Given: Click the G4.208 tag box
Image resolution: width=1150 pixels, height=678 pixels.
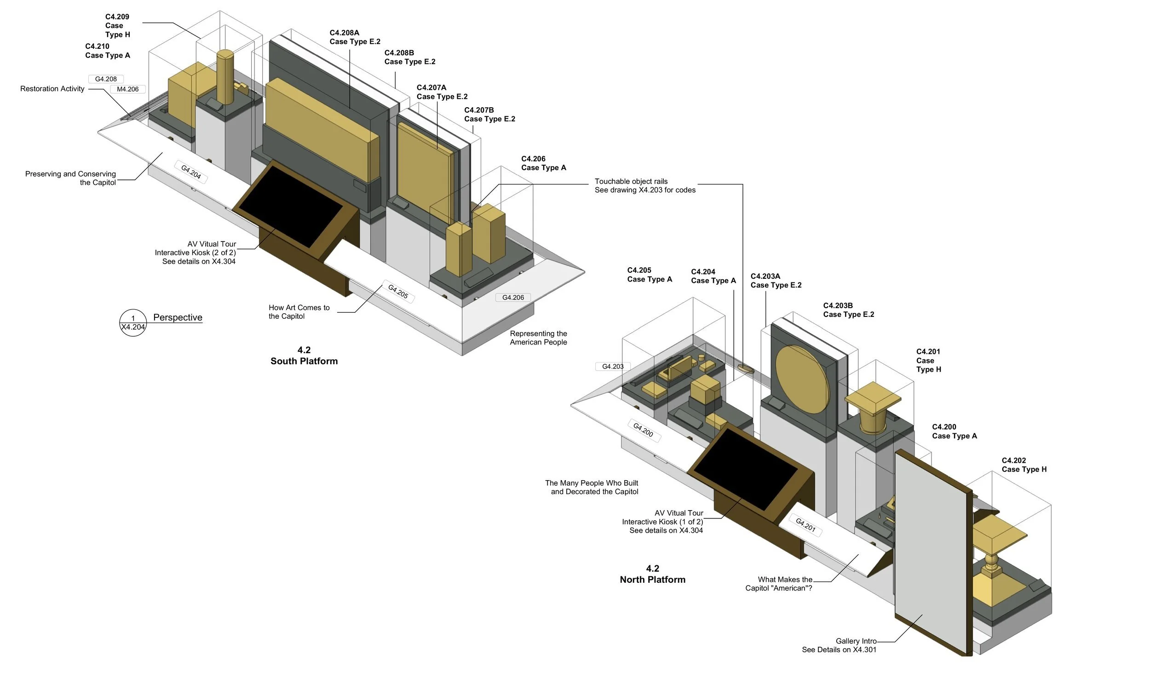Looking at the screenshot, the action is coord(106,79).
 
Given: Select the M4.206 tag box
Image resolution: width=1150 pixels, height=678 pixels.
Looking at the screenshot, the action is coord(127,89).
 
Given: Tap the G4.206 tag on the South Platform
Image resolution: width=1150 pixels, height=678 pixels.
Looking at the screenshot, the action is coord(513,298).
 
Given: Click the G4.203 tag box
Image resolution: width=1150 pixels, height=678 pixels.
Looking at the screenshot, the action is coord(613,367).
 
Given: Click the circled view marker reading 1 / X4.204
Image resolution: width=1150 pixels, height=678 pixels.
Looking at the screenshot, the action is coord(133,322).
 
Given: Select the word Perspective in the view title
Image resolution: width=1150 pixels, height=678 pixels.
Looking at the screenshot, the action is coord(178,317).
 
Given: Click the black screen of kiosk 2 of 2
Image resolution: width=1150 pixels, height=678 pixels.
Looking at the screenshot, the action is coord(291,207).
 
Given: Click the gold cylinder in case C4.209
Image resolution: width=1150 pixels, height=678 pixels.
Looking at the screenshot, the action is coord(225,77).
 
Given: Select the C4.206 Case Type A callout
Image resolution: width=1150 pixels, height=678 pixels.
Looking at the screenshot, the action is coord(543,163).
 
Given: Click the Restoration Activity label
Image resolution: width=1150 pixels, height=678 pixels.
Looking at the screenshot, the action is coord(52,89).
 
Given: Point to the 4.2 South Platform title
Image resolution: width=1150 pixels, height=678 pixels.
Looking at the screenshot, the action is coord(304,356).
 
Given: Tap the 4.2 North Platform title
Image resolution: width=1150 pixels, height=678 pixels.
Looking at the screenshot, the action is coord(652,574).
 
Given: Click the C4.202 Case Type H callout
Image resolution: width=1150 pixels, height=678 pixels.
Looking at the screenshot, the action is coord(1024,465).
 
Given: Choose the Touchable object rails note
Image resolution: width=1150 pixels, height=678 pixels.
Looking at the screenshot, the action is coord(644,186).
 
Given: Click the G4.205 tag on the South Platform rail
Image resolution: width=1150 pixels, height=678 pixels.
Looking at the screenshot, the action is coord(398,292).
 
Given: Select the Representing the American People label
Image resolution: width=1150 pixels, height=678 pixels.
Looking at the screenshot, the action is coord(538,338).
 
